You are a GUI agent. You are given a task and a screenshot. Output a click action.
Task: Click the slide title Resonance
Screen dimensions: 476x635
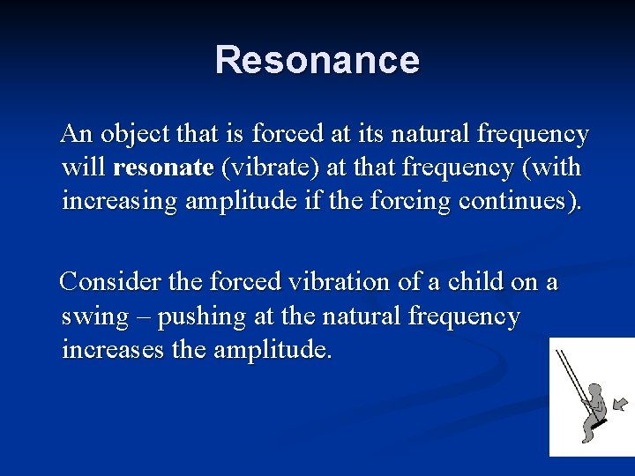pyautogui.click(x=317, y=60)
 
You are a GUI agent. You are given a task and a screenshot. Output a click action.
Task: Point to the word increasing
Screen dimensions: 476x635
pyautogui.click(x=119, y=201)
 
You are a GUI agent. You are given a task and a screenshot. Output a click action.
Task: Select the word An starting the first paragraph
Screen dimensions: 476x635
pyautogui.click(x=76, y=134)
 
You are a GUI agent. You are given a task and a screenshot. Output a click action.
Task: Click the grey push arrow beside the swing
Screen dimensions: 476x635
pyautogui.click(x=620, y=404)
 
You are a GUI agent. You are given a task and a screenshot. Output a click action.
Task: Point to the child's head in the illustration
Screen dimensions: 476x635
pyautogui.click(x=595, y=390)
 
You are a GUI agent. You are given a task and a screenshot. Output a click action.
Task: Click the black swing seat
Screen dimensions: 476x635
pyautogui.click(x=600, y=423)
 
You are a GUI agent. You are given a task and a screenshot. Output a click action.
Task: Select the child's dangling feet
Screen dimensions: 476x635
pyautogui.click(x=588, y=435)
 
